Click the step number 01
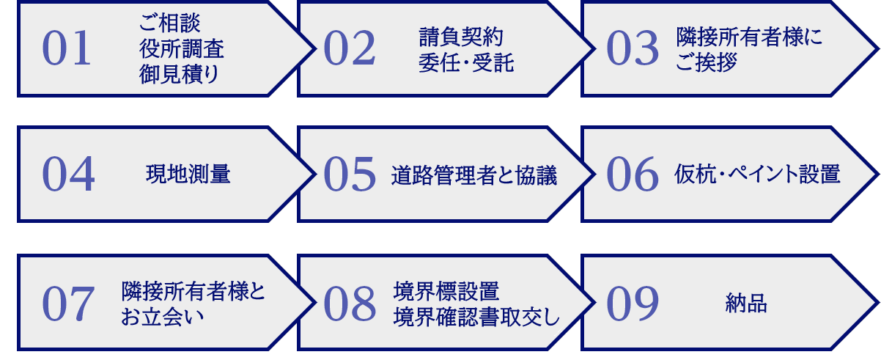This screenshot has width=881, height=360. pos(67,50)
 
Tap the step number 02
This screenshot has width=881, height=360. pos(349,50)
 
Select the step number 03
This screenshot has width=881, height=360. pos(633,50)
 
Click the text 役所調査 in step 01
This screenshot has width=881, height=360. pos(182,49)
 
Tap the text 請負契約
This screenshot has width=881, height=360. pos(461,37)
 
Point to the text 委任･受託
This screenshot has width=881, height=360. pos(466,63)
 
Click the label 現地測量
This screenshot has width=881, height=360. pos(188,175)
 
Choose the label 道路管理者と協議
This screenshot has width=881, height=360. pos(474,175)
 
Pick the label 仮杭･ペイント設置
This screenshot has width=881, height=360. pos(756,175)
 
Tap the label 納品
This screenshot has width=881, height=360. pos(746,304)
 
